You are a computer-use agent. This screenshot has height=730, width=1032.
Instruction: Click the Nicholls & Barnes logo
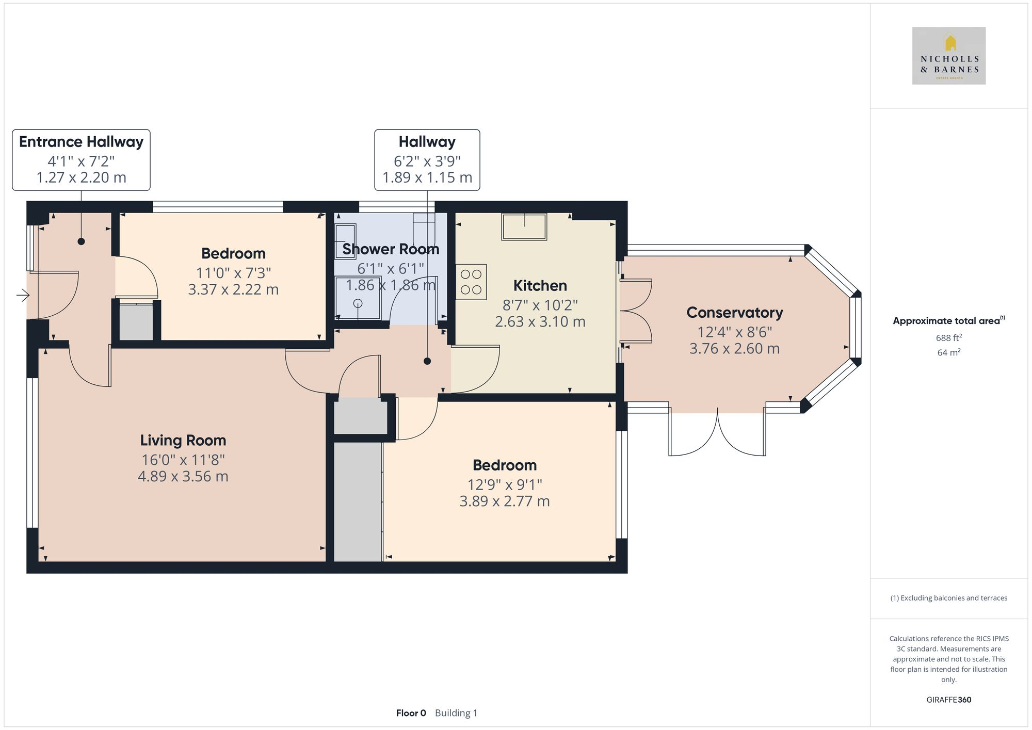(x=948, y=56)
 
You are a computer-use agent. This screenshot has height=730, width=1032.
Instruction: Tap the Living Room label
(x=183, y=440)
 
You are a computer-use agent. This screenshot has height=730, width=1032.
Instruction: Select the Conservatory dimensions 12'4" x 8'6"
(x=734, y=332)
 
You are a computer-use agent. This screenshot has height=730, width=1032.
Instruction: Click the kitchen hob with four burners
(x=471, y=282)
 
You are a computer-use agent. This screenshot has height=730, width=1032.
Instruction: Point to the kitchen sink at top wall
(x=524, y=227)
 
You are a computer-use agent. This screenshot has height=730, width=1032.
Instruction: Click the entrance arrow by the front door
(x=23, y=295)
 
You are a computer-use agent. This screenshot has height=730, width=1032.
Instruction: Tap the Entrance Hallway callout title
(x=81, y=142)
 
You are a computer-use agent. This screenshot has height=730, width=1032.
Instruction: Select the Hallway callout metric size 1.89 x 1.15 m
(x=427, y=177)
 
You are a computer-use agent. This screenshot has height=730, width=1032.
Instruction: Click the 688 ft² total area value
(x=948, y=338)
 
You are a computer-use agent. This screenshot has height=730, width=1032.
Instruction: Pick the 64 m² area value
(x=948, y=353)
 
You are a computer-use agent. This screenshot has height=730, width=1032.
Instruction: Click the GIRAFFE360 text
(x=948, y=700)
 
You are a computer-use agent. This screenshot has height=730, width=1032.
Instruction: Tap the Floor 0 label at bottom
(x=411, y=713)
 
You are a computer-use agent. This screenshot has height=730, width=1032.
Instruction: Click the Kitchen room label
(x=540, y=285)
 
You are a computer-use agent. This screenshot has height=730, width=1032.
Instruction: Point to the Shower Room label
(x=391, y=249)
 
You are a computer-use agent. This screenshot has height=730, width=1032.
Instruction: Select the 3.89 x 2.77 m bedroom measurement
(x=504, y=501)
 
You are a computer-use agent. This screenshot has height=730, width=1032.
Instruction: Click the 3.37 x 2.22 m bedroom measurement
(x=233, y=289)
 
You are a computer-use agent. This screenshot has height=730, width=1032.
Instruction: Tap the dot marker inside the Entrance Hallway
(x=81, y=241)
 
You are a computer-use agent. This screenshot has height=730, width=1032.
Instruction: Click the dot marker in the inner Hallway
(x=427, y=361)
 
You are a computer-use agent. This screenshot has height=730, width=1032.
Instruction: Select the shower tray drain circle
(x=358, y=303)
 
